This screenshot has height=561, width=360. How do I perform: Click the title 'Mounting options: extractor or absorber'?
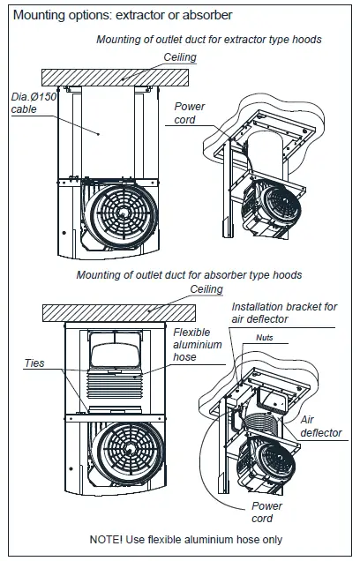tap(123, 15)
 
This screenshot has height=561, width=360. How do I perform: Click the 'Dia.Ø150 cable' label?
tap(34, 103)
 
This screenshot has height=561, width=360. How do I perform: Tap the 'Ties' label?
tap(34, 363)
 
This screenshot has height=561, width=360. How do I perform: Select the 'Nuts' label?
tap(265, 337)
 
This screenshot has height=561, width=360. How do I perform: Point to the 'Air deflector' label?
tap(321, 426)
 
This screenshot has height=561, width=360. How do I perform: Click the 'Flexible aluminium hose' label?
tap(198, 345)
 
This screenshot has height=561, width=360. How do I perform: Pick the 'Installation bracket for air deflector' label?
tap(284, 313)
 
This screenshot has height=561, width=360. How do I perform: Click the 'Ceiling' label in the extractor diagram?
tap(180, 57)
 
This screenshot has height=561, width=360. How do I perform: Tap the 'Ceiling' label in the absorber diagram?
tap(206, 289)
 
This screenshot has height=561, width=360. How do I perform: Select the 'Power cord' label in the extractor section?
tap(190, 113)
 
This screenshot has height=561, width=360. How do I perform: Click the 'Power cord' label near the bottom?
tap(266, 512)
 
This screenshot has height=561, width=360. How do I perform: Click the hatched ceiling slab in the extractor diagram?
tap(115, 78)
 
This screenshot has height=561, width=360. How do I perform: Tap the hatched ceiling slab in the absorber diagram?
tap(119, 313)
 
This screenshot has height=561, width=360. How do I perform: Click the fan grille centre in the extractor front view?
tap(124, 214)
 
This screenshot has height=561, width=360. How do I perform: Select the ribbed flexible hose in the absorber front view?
tap(115, 388)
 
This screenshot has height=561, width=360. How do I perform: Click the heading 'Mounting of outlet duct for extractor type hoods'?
tap(209, 40)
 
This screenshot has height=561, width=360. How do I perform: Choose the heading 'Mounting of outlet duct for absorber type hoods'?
tap(189, 275)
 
